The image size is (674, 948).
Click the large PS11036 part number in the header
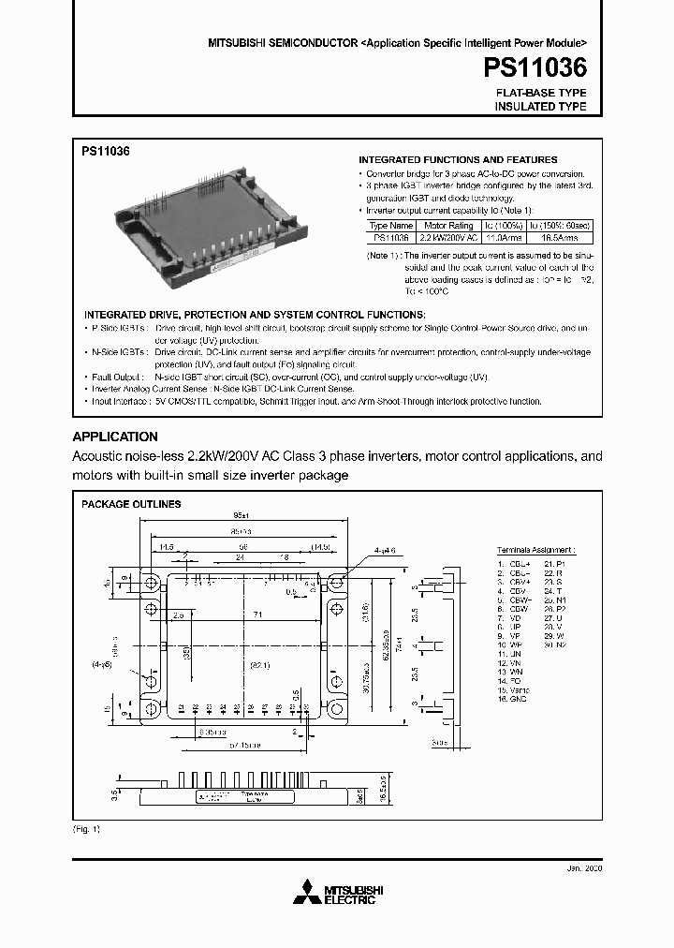tap(535, 68)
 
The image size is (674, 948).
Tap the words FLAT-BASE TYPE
tap(540, 94)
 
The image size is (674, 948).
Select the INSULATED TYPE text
tap(540, 107)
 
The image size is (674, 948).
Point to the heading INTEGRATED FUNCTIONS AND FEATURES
tap(458, 160)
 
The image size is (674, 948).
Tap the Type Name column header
tap(389, 226)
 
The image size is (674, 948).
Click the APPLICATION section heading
tap(115, 437)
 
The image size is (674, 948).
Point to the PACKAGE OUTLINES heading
tap(131, 504)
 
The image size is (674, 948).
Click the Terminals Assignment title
tap(536, 551)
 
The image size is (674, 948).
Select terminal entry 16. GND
tap(514, 698)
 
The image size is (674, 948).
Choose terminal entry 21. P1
tap(555, 564)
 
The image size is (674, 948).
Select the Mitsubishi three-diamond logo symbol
tap(308, 893)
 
